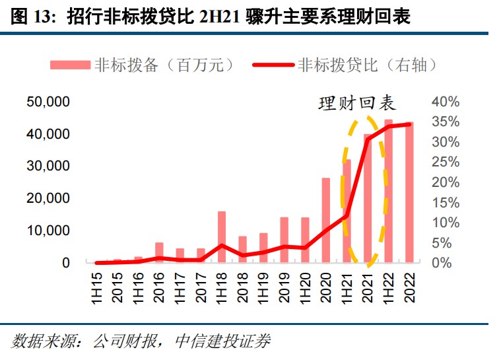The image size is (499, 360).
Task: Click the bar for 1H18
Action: click(x=222, y=236)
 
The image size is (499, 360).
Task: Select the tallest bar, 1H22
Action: click(x=388, y=192)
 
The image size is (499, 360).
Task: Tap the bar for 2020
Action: click(x=325, y=220)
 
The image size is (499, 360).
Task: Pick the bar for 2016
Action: click(x=159, y=252)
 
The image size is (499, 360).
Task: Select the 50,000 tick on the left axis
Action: click(x=48, y=102)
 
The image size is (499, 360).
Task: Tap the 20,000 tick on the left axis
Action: click(x=48, y=198)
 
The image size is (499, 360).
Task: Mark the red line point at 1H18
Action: click(x=222, y=246)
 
